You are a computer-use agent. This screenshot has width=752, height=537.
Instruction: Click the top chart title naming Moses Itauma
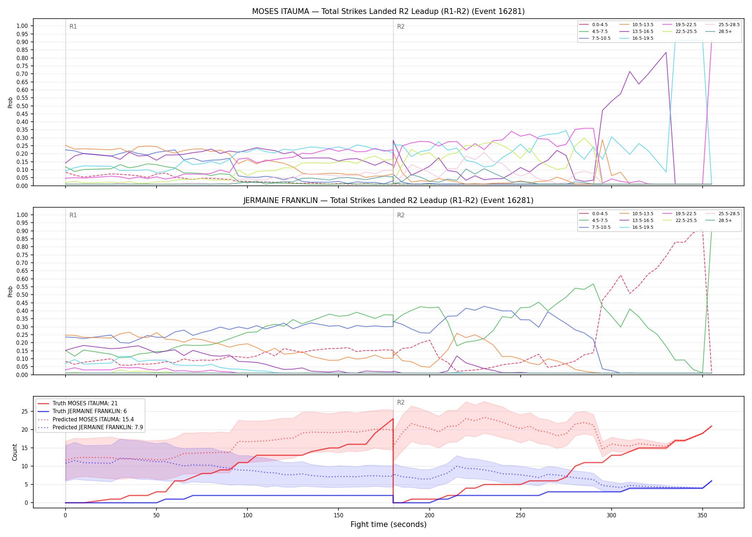click(x=388, y=11)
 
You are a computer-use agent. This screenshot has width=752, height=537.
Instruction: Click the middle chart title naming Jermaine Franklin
click(x=388, y=200)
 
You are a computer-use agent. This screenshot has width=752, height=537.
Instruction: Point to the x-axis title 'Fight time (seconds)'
click(x=389, y=524)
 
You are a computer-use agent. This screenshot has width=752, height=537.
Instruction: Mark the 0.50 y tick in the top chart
click(x=22, y=106)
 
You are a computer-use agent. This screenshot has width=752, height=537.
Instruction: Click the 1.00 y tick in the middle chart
click(x=22, y=215)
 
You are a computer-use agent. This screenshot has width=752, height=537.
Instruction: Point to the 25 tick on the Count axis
click(x=25, y=411)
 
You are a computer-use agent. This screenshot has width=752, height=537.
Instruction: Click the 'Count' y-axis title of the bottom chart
click(x=15, y=452)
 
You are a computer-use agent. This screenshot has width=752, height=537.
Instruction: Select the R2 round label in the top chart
click(x=401, y=26)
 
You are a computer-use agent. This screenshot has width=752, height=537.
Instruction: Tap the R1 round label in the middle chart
click(x=73, y=215)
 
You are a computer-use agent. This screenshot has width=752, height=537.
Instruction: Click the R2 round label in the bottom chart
click(x=401, y=402)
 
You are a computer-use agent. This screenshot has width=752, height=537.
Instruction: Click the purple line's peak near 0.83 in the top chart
click(x=666, y=53)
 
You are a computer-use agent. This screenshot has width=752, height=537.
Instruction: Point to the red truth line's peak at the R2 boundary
click(x=393, y=419)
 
